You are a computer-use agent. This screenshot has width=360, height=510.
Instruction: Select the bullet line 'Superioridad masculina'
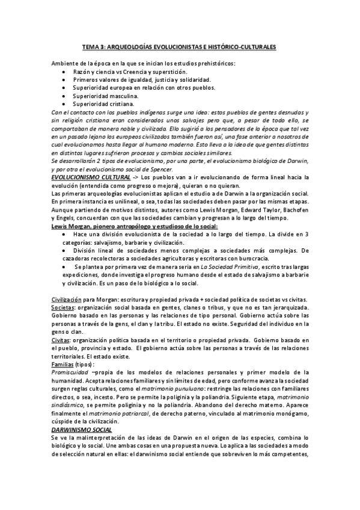(106, 96)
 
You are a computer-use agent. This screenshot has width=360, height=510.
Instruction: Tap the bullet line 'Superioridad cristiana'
(103, 103)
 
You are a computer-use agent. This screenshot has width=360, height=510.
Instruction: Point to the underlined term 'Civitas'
(60, 340)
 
